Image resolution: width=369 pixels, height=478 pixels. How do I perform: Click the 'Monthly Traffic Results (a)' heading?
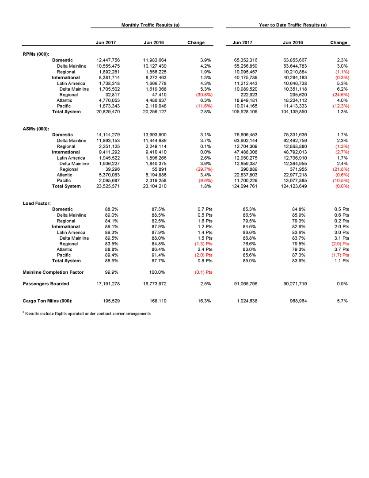150,25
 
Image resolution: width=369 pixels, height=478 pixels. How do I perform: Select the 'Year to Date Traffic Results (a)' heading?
293,25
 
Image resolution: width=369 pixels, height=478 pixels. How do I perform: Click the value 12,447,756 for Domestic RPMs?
108,60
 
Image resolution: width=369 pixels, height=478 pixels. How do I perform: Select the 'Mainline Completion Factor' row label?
53,272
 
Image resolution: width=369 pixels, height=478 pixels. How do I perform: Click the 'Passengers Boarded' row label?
46,283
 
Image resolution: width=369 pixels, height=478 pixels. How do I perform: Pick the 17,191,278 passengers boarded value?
108,283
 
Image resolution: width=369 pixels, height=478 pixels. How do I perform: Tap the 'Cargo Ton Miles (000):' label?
48,301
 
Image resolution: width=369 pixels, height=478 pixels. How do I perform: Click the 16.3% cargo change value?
204,301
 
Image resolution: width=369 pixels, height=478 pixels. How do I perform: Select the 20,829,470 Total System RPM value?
108,112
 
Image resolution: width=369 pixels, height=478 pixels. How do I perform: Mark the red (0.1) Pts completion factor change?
203,272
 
